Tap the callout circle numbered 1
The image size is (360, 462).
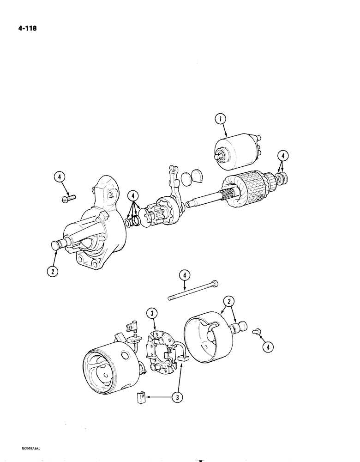click(222, 120)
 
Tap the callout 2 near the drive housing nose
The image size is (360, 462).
click(54, 272)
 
